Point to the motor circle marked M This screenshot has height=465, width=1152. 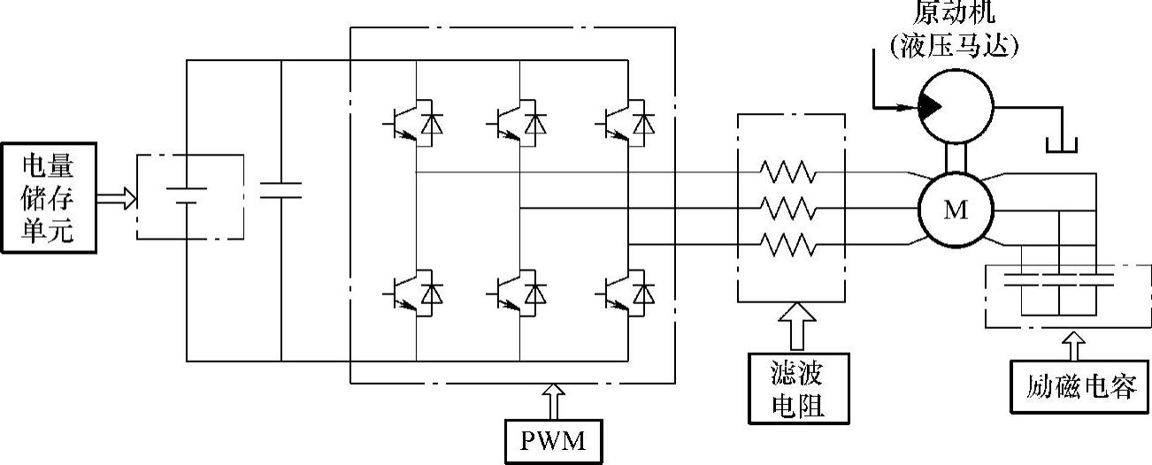tap(956, 210)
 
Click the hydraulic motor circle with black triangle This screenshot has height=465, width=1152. tap(956, 106)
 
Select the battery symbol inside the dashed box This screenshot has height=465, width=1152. tap(188, 195)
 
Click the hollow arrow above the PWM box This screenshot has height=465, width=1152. tap(555, 400)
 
